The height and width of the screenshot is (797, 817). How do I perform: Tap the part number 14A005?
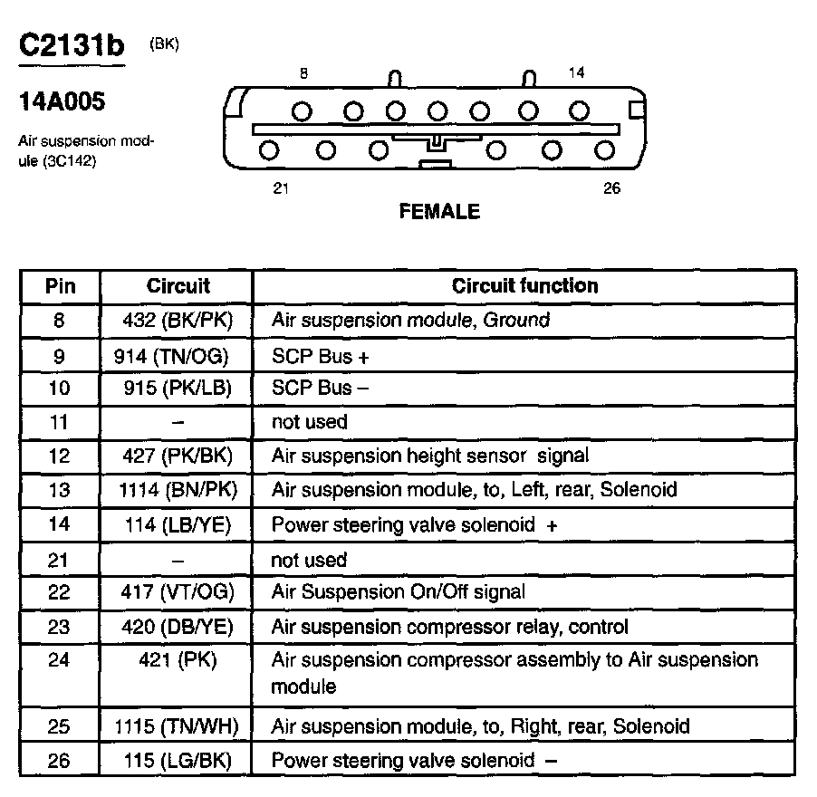point(62,101)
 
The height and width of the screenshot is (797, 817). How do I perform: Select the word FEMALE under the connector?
point(439,212)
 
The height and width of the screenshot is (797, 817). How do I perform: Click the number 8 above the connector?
point(303,74)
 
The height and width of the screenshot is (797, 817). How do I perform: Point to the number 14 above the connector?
point(577,73)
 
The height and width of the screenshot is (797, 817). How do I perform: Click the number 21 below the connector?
point(281,189)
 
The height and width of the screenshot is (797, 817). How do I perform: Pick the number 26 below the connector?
point(611,189)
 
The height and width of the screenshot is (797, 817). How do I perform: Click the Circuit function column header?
point(524,286)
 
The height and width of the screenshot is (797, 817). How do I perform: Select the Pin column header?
point(60,287)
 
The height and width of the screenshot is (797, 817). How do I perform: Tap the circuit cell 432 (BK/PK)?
point(178,320)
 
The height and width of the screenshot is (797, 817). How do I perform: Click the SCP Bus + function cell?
point(321,356)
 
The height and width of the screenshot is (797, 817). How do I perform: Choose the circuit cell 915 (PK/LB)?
point(178,388)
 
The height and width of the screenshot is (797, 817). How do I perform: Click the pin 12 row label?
point(59,456)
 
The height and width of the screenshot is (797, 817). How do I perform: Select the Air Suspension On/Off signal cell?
point(398,592)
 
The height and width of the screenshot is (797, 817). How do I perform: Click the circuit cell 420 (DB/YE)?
point(178,627)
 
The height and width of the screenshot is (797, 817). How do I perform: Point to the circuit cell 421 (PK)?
point(178,659)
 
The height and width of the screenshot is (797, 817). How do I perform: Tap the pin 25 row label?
point(59,726)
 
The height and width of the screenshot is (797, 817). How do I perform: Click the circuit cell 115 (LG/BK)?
point(178,761)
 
